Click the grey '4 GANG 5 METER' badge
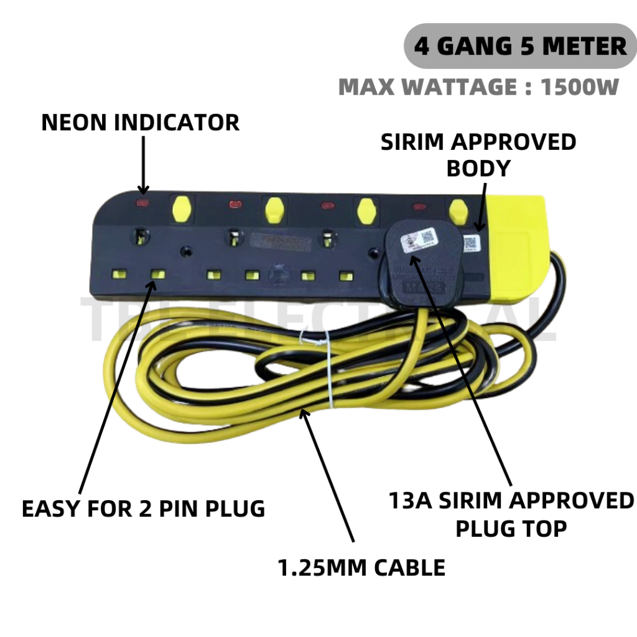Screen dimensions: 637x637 520,46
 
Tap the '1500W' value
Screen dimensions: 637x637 580,87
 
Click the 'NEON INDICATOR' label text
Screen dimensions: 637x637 140,123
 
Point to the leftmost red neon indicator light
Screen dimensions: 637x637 143,203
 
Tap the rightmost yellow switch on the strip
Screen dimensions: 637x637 458,212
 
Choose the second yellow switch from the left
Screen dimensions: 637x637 272,210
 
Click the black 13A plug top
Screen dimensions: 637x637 423,261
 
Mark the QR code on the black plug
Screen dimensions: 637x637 427,237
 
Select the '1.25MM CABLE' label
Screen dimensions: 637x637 362,567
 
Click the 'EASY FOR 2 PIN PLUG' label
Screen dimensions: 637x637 143,509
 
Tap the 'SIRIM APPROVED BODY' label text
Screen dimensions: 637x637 478,155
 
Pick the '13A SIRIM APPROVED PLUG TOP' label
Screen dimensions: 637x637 511,514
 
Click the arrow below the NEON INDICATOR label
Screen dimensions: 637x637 144,165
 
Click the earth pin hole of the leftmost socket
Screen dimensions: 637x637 141,237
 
